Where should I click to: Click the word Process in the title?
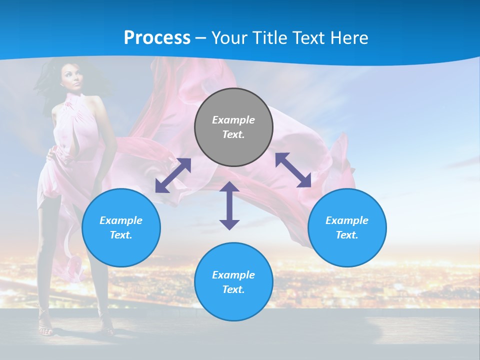click(x=157, y=38)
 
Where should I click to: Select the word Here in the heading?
click(x=348, y=38)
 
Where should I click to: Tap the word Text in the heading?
click(x=307, y=38)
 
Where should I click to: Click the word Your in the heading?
click(x=230, y=38)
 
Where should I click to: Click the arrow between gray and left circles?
click(x=173, y=175)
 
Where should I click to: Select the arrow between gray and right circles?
click(x=293, y=170)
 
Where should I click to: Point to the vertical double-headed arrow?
click(x=229, y=205)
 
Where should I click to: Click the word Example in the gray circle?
click(x=233, y=120)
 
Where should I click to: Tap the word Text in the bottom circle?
click(x=233, y=289)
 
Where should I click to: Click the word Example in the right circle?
click(x=347, y=220)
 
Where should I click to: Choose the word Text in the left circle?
click(x=121, y=235)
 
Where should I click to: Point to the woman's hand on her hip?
click(x=51, y=154)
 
